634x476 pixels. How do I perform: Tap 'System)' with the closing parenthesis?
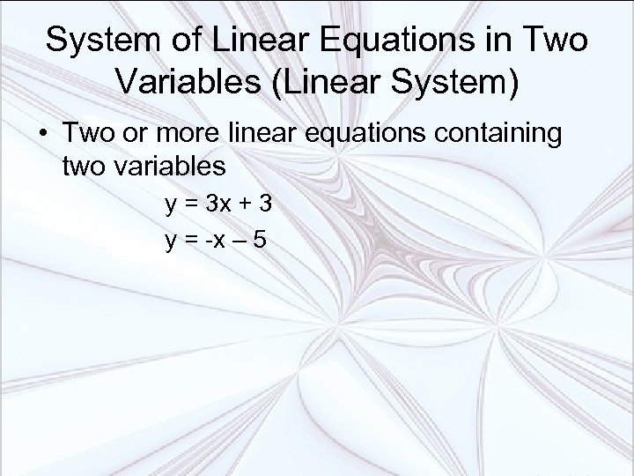coord(452,84)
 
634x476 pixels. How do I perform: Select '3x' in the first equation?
coord(217,206)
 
